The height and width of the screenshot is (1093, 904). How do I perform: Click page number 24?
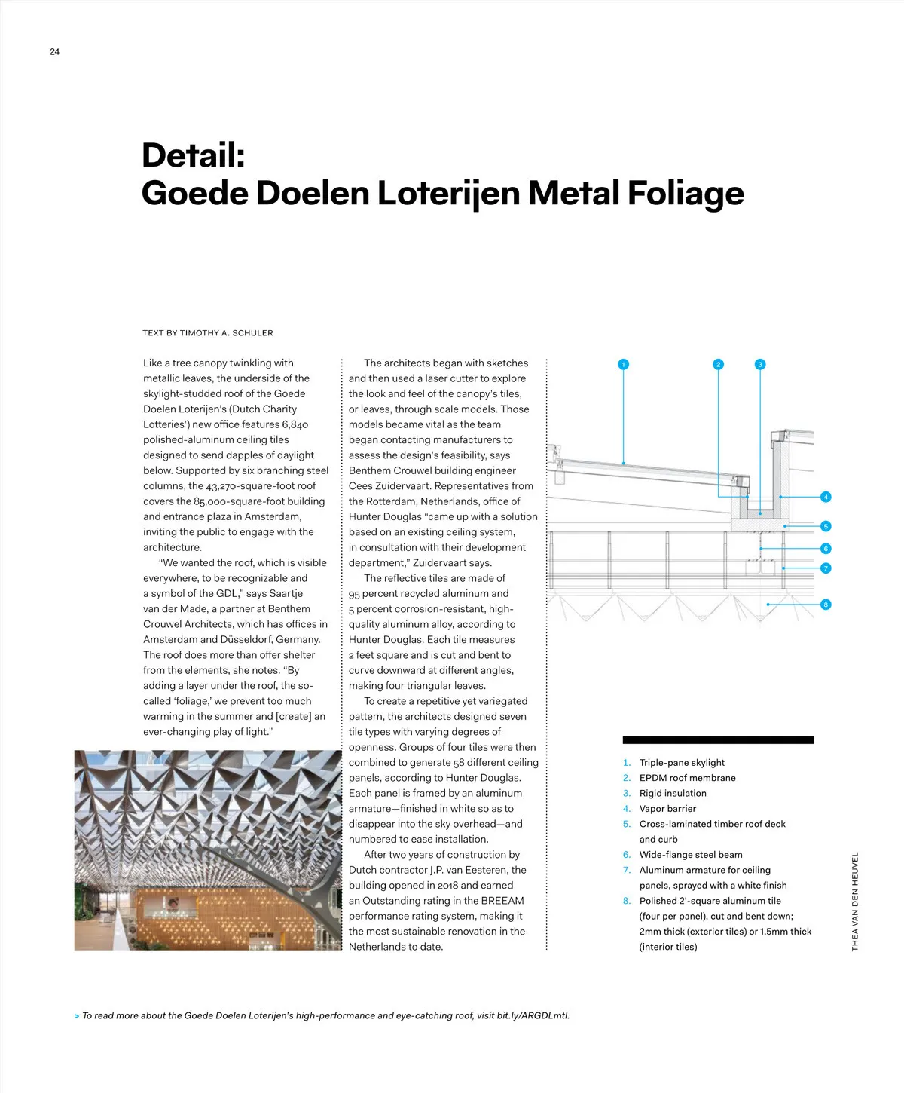[x=54, y=52]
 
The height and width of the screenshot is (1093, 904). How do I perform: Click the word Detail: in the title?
[x=194, y=155]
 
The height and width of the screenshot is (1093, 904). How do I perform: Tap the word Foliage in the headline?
[x=686, y=193]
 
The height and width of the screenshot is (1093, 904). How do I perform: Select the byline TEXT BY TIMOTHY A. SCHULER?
[x=208, y=333]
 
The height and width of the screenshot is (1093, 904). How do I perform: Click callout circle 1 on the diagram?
[x=623, y=364]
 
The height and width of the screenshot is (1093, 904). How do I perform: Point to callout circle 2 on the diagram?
[x=718, y=364]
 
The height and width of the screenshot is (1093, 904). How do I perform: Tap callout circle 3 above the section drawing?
[x=760, y=364]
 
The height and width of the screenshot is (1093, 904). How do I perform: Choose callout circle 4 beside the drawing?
[x=826, y=497]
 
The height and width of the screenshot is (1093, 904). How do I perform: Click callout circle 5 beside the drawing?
[x=826, y=526]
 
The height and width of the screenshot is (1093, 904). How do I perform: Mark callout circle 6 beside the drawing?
[x=826, y=549]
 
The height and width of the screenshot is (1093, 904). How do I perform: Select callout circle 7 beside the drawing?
[x=826, y=568]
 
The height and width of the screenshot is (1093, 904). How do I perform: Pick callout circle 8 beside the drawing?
[x=826, y=605]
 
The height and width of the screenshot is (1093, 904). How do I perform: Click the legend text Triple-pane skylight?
[x=682, y=763]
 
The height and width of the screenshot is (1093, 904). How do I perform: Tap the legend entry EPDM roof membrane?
[x=687, y=778]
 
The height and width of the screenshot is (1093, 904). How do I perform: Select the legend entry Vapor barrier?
[x=667, y=809]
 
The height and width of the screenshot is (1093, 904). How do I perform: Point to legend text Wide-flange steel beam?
[x=691, y=855]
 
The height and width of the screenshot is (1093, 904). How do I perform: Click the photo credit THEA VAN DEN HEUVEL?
[x=855, y=902]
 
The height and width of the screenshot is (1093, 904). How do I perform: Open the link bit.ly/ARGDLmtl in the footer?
[x=533, y=1015]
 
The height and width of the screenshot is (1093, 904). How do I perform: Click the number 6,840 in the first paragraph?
[x=295, y=424]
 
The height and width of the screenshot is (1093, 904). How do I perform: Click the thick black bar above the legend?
[x=718, y=740]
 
